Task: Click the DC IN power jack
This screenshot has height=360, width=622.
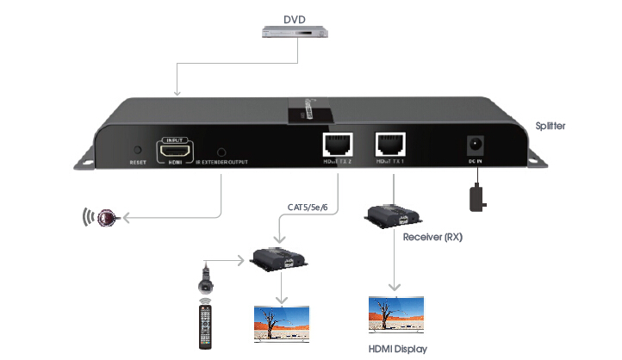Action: point(473,146)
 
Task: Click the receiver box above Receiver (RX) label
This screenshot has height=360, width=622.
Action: point(390,216)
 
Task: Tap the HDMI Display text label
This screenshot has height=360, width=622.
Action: point(398,349)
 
